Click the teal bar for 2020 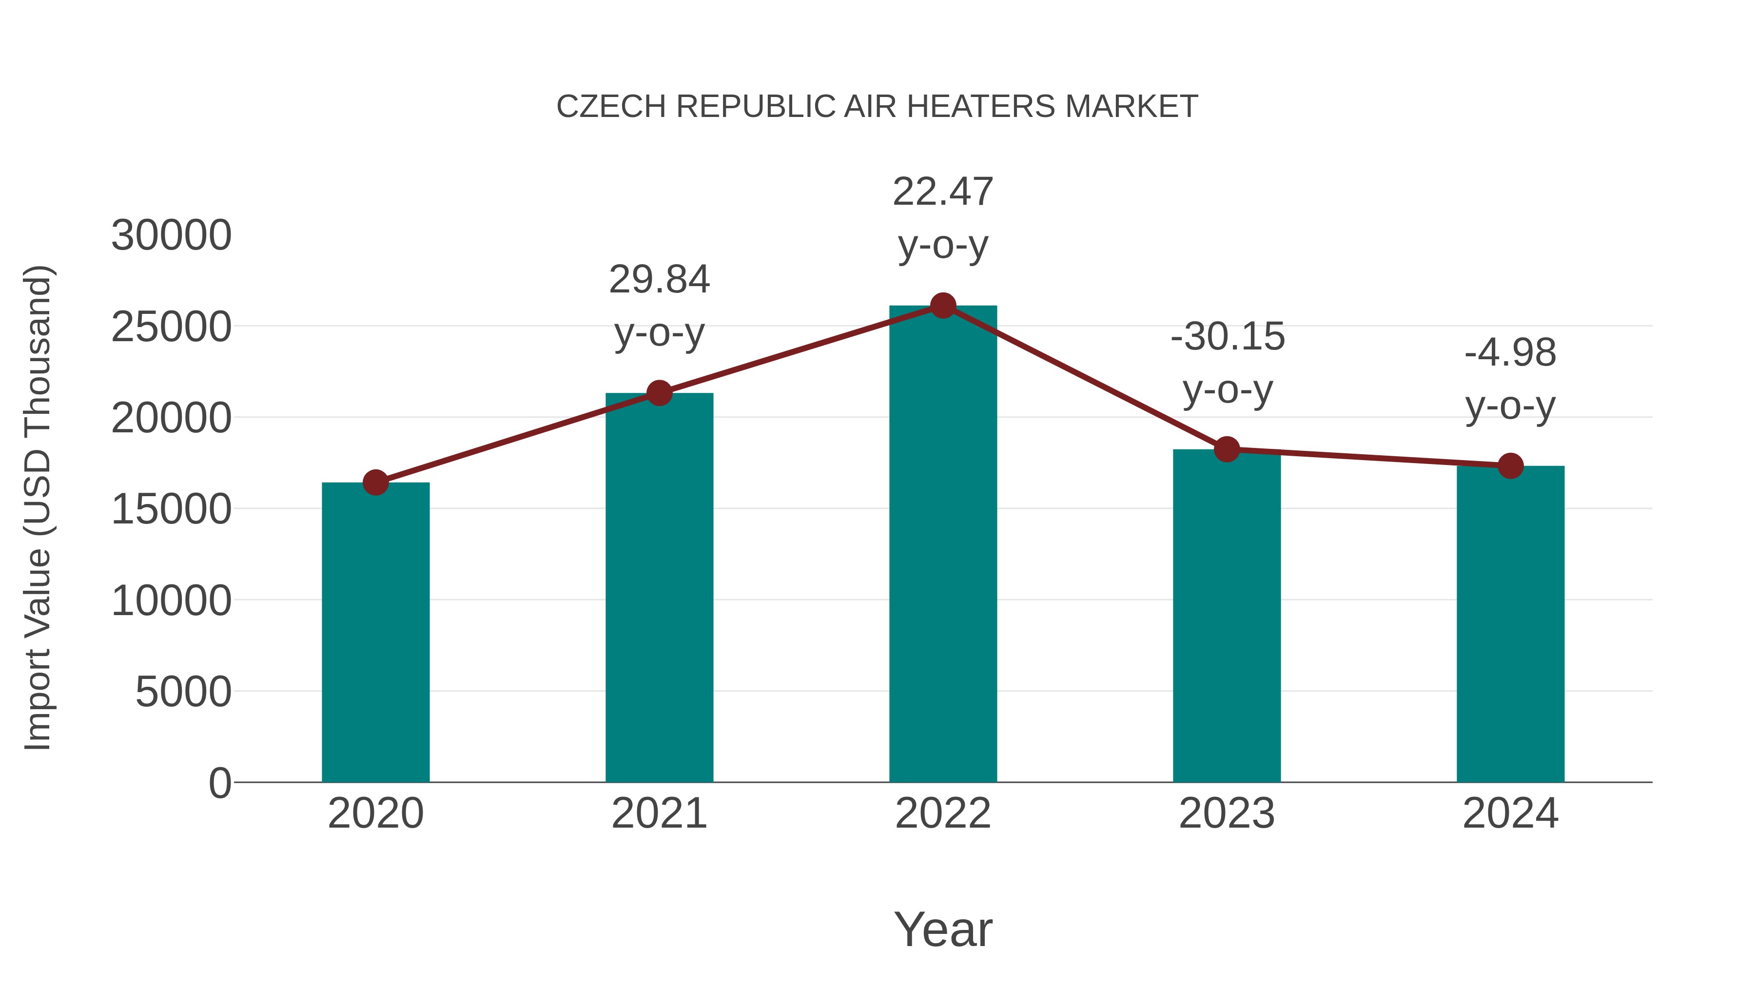[x=375, y=634]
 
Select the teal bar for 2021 [x=659, y=589]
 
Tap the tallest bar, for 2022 [x=943, y=545]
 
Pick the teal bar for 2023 [x=1227, y=617]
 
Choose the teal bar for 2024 [x=1510, y=625]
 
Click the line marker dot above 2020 [x=375, y=482]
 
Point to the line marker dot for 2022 [x=943, y=306]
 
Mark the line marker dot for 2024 [x=1510, y=466]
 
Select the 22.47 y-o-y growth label [x=943, y=218]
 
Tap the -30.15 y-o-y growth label [x=1227, y=363]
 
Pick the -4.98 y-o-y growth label [x=1510, y=379]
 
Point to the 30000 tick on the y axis [x=171, y=236]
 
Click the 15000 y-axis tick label [x=171, y=509]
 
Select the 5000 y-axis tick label [x=183, y=692]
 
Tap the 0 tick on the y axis [x=220, y=783]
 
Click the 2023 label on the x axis [x=1227, y=813]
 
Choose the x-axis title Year [x=943, y=929]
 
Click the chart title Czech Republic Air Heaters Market [x=877, y=107]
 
